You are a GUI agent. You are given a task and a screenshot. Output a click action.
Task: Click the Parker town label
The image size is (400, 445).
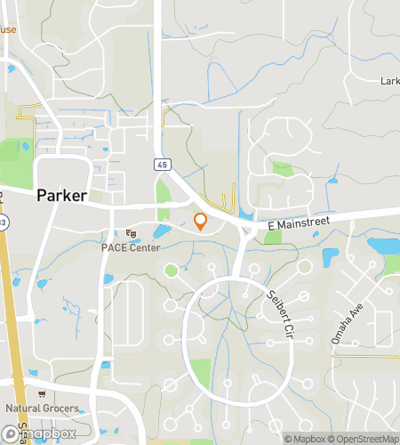65,196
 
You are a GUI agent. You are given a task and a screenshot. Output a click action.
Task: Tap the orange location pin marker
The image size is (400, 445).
201,222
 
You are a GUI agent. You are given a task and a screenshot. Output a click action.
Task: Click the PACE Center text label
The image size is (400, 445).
131,247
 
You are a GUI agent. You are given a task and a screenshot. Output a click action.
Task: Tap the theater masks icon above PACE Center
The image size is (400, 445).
131,234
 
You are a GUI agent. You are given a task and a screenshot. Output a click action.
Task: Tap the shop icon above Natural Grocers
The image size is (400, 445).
41,394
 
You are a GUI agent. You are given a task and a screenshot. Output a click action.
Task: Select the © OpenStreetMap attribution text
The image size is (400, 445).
365,438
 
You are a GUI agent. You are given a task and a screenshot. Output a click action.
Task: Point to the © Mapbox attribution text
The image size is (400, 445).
306,438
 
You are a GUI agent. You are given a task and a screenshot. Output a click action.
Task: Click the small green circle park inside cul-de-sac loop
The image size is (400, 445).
170,270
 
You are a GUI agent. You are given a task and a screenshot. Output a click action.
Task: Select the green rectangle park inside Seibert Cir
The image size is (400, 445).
201,372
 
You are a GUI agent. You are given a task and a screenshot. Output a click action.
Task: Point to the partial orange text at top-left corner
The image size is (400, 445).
7,29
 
